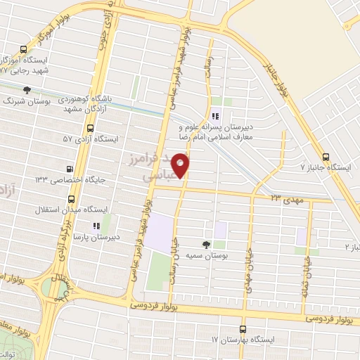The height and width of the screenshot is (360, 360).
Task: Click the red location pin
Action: coord(181,166)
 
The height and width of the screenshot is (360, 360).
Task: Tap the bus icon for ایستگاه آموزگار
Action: coord(23,50)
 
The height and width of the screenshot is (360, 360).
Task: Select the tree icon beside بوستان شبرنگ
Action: coord(27,90)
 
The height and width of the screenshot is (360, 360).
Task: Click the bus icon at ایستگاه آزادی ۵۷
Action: coord(89,128)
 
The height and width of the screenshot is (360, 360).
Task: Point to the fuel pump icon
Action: coord(70,169)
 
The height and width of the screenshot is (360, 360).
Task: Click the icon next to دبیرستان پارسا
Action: coord(97,226)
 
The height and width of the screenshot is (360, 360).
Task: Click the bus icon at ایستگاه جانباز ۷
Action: coord(324,157)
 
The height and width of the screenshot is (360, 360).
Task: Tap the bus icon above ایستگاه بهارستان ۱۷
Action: coord(243,328)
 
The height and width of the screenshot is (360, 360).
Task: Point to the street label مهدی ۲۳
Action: coord(288,200)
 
